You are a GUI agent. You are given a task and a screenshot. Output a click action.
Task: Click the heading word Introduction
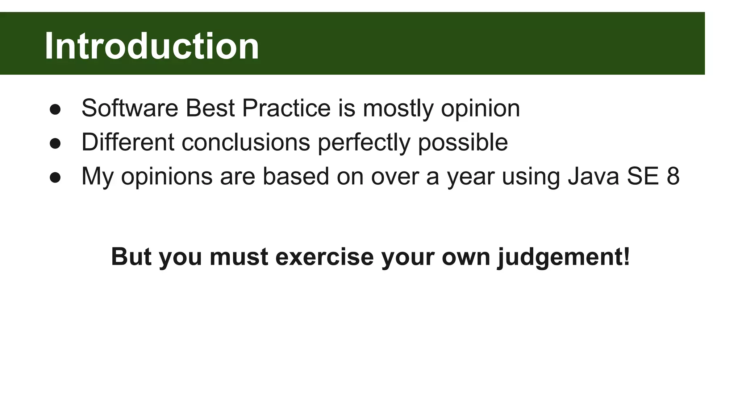pos(151,46)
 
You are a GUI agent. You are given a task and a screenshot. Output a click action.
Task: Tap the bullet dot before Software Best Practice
pos(55,110)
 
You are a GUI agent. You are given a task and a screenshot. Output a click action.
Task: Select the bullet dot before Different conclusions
pos(55,143)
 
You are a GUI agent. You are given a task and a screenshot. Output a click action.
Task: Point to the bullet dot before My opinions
pos(55,177)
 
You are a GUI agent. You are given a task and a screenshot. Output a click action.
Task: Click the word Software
pos(130,108)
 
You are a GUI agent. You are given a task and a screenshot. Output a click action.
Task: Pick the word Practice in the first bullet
pos(286,108)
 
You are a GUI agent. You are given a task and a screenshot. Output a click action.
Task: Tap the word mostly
pos(398,109)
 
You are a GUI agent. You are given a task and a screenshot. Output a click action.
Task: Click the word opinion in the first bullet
pos(480,109)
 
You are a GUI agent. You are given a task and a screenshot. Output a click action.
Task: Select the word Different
pos(128,142)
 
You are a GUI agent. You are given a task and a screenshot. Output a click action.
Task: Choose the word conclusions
pos(246,142)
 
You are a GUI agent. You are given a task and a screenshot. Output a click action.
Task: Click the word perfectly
pos(364,143)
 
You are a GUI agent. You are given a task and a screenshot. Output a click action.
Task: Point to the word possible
pos(463,143)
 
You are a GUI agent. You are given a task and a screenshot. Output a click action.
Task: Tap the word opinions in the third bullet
pos(167,177)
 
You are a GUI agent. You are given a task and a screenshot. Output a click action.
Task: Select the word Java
pos(593,176)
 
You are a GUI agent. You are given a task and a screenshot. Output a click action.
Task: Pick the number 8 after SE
pos(673,176)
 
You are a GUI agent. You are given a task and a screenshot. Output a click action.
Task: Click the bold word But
pos(131,257)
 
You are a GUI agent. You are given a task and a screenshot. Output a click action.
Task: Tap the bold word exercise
pos(324,257)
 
